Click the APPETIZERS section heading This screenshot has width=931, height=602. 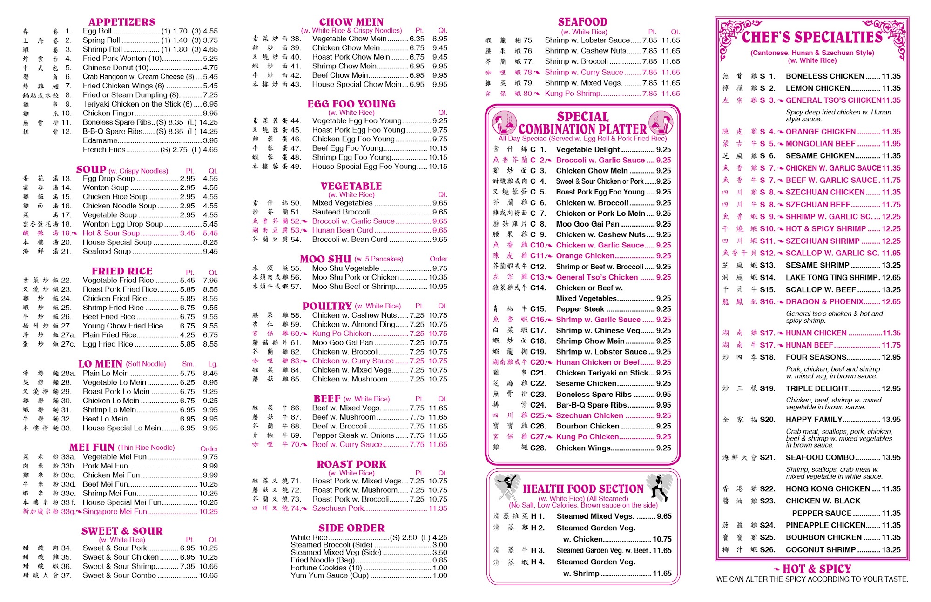pyautogui.click(x=122, y=22)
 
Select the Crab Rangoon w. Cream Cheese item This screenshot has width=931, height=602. pyautogui.click(x=138, y=77)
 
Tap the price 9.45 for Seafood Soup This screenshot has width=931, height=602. pyautogui.click(x=210, y=252)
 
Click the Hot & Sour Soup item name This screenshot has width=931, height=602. pyautogui.click(x=111, y=233)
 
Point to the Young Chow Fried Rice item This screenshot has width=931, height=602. pyautogui.click(x=123, y=326)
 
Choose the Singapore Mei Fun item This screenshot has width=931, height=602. pyautogui.click(x=115, y=511)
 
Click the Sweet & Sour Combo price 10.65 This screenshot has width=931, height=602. pyautogui.click(x=208, y=575)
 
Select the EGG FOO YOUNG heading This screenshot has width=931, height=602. pyautogui.click(x=351, y=104)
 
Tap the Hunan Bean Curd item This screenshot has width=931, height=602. pyautogui.click(x=343, y=230)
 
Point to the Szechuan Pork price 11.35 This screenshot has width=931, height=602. pyautogui.click(x=438, y=508)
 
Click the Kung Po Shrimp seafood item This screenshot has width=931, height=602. pyautogui.click(x=573, y=94)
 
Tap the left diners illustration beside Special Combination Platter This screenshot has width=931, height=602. pyautogui.click(x=504, y=123)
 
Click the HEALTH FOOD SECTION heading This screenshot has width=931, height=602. pyautogui.click(x=583, y=489)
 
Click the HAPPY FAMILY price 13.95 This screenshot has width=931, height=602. pyautogui.click(x=891, y=420)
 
